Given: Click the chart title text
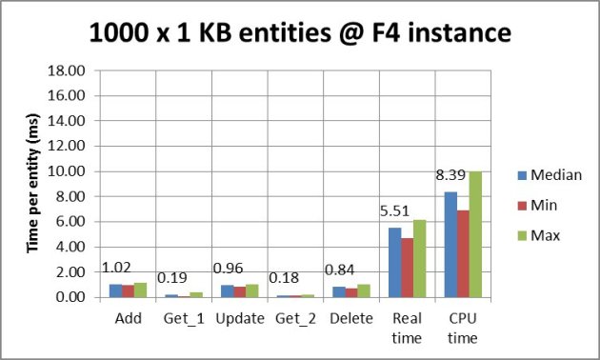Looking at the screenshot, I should coord(301,34).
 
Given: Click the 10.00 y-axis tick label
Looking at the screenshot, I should coord(79,171).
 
